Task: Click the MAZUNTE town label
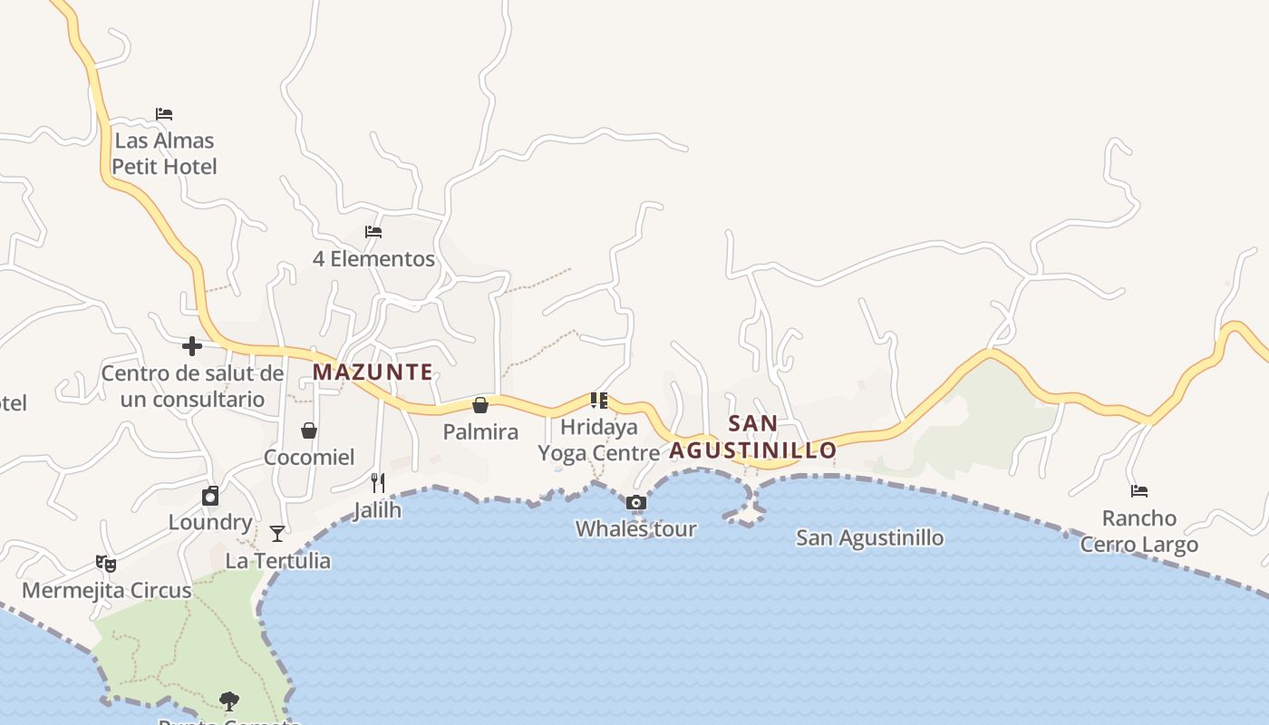(373, 372)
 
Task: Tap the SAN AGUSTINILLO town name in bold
(753, 437)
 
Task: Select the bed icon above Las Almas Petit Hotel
(164, 114)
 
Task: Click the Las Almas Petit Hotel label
(165, 153)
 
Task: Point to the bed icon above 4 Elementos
(373, 232)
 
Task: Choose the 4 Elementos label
(373, 258)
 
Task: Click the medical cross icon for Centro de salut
(192, 345)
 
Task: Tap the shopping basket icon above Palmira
(480, 405)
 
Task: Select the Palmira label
(480, 431)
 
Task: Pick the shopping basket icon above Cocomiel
(309, 430)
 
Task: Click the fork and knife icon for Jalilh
(378, 483)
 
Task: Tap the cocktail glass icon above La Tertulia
(277, 534)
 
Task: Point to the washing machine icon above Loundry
(210, 496)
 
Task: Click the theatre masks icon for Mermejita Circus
(107, 564)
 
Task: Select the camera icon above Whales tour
(636, 503)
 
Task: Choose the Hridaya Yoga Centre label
(599, 440)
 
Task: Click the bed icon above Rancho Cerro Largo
(1139, 491)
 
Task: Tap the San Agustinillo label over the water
(869, 537)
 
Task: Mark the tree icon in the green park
(229, 700)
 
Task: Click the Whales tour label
(635, 528)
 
